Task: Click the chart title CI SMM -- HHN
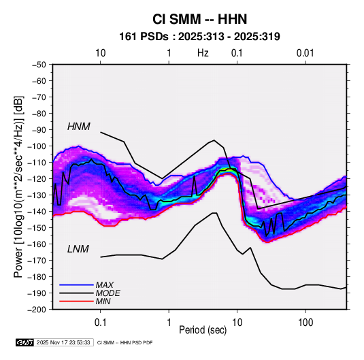pyautogui.click(x=199, y=19)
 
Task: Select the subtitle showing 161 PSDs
pyautogui.click(x=199, y=37)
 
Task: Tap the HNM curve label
pyautogui.click(x=79, y=127)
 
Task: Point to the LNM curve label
pyautogui.click(x=78, y=249)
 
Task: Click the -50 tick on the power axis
pyautogui.click(x=39, y=65)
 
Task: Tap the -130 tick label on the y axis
pyautogui.click(x=37, y=195)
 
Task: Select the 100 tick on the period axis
pyautogui.click(x=305, y=323)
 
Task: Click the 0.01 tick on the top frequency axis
pyautogui.click(x=305, y=53)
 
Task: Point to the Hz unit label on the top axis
pyautogui.click(x=203, y=53)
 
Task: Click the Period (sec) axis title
pyautogui.click(x=203, y=330)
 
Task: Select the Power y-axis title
pyautogui.click(x=18, y=187)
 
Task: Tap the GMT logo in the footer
pyautogui.click(x=25, y=342)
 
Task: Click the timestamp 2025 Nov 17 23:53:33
pyautogui.click(x=63, y=342)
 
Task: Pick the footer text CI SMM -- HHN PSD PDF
pyautogui.click(x=125, y=342)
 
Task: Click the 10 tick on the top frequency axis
pyautogui.click(x=101, y=53)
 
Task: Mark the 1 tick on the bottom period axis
pyautogui.click(x=169, y=323)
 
